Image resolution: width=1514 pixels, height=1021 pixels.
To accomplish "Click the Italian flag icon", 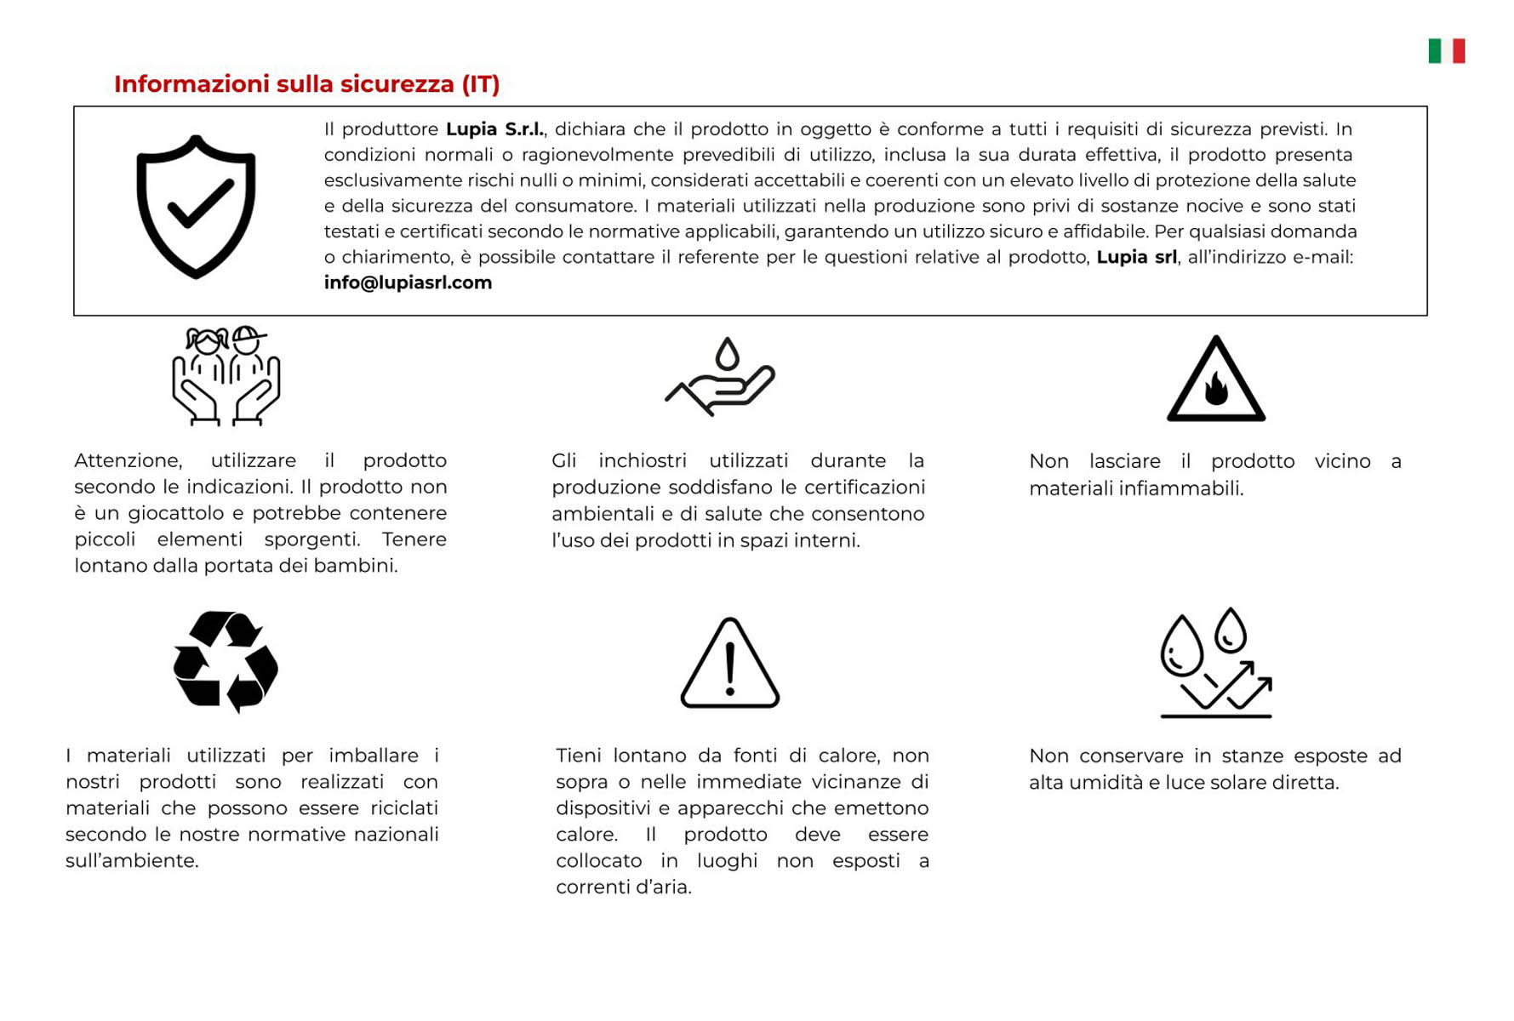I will (x=1446, y=51).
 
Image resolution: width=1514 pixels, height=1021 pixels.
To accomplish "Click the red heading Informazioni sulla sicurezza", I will (x=306, y=84).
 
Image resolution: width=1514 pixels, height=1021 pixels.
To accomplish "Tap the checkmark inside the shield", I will (x=200, y=204).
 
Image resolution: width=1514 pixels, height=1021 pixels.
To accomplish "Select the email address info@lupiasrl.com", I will (x=408, y=282).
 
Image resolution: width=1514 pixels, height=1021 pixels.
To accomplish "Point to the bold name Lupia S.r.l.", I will (x=494, y=129).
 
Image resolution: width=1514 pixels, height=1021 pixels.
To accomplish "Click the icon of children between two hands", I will (x=226, y=375).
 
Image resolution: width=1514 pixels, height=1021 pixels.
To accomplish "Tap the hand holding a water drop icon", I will (x=721, y=377).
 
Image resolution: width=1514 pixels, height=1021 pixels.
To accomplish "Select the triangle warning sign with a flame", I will (x=1215, y=380).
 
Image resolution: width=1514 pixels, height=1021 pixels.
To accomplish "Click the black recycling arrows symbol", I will (x=226, y=661).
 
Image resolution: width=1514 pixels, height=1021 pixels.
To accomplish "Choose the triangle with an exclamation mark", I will (x=729, y=664).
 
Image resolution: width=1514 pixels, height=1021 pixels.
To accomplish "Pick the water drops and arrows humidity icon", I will (x=1215, y=663).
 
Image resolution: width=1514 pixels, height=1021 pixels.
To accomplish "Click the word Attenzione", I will (x=128, y=461).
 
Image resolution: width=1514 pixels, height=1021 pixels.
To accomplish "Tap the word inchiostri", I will (x=642, y=461).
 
